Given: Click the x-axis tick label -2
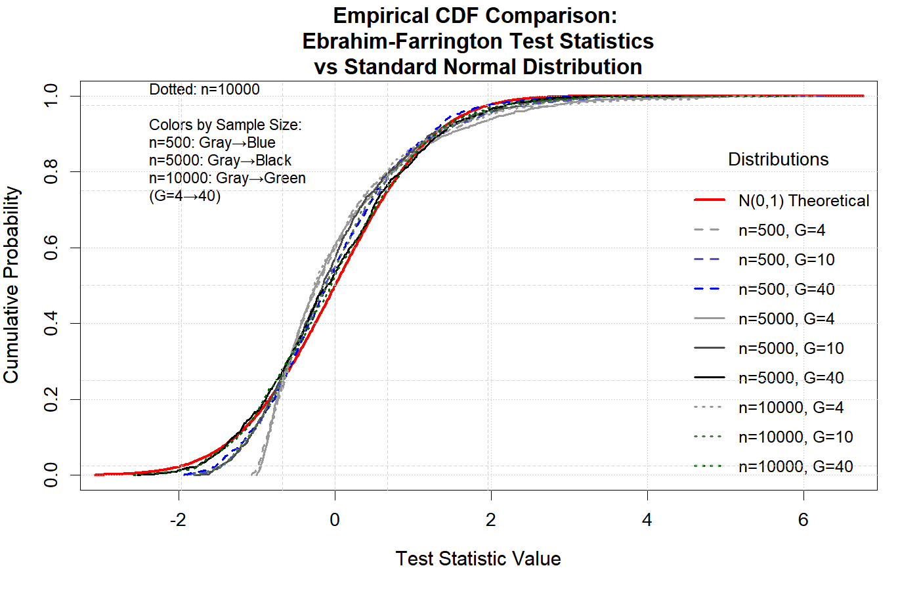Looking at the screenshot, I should click(x=178, y=520).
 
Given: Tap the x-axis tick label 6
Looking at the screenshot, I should click(x=803, y=520).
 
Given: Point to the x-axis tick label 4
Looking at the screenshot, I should click(x=647, y=520).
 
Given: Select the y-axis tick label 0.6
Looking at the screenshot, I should click(x=51, y=248).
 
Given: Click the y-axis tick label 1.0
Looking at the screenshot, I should click(x=51, y=96).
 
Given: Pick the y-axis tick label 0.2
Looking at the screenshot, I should click(x=51, y=399).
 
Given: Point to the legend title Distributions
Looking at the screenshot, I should click(x=778, y=160).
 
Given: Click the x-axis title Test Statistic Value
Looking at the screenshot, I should click(x=478, y=559).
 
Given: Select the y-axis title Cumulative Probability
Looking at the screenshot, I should click(x=11, y=284).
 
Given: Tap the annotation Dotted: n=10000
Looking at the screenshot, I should click(x=204, y=90).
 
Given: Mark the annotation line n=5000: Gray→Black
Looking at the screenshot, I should click(x=220, y=160).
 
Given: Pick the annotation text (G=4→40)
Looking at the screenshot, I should click(x=184, y=196).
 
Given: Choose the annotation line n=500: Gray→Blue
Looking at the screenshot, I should click(x=212, y=142).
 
